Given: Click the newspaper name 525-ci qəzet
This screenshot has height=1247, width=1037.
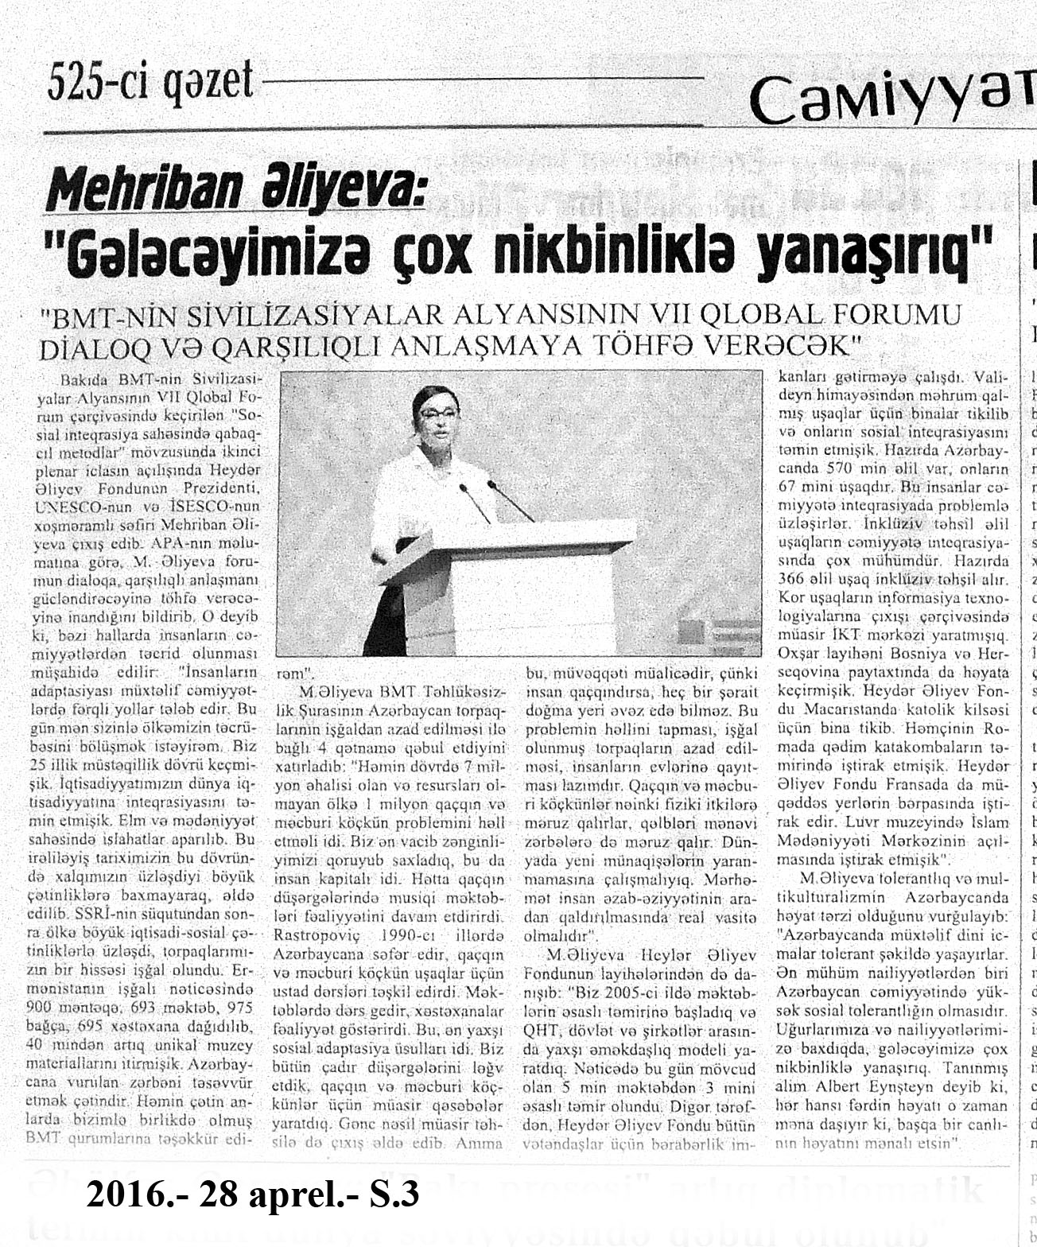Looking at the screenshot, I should coord(150,82).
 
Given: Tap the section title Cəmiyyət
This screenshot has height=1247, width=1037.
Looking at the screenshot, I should coord(891,99).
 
